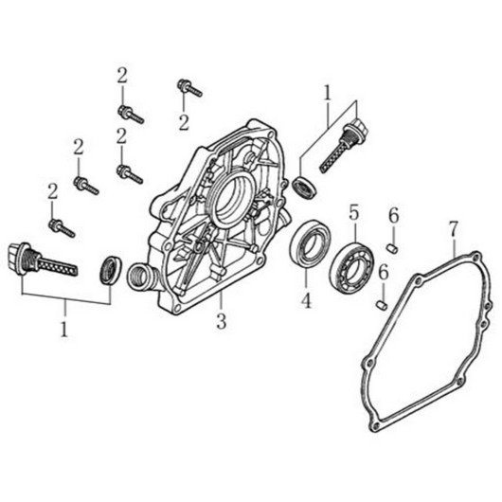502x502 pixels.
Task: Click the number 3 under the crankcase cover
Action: (222, 321)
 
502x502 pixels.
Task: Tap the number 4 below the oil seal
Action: (306, 301)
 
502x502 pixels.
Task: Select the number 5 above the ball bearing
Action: (354, 212)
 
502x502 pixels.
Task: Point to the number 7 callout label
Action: (454, 228)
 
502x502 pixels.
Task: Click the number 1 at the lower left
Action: (64, 329)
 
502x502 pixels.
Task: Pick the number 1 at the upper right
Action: (327, 93)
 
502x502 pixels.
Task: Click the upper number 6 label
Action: (394, 215)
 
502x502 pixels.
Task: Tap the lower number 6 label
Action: (384, 273)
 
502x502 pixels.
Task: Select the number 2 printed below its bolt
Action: (184, 122)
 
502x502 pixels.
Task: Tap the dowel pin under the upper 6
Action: (393, 249)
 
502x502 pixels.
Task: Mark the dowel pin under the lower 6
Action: (382, 305)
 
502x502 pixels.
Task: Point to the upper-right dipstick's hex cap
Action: (360, 127)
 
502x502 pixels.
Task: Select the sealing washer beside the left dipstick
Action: (111, 270)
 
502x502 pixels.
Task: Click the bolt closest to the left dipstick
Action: (63, 227)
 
